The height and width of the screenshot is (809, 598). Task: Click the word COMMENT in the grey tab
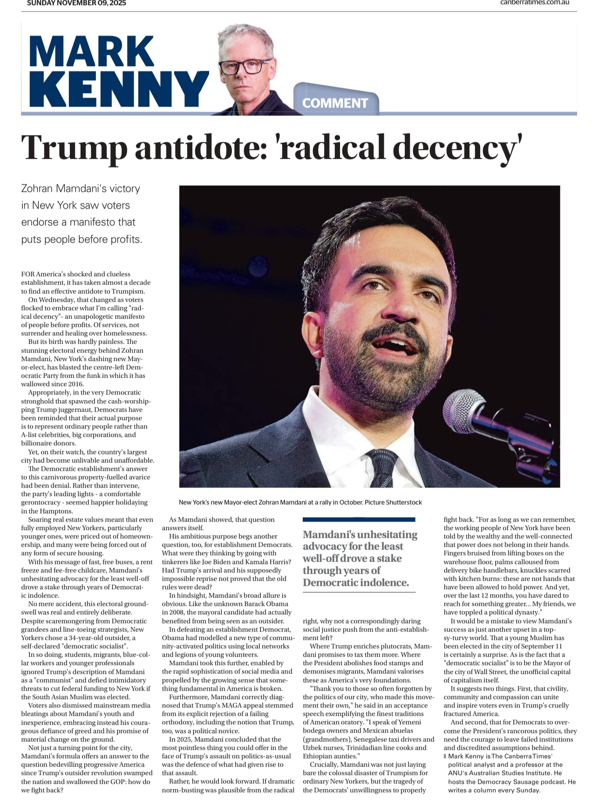[335, 103]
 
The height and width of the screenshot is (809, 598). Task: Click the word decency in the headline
[454, 148]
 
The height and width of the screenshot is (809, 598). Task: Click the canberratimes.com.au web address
[535, 2]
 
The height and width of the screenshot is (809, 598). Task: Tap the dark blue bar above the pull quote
[359, 519]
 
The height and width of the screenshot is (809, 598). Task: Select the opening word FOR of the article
[27, 274]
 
